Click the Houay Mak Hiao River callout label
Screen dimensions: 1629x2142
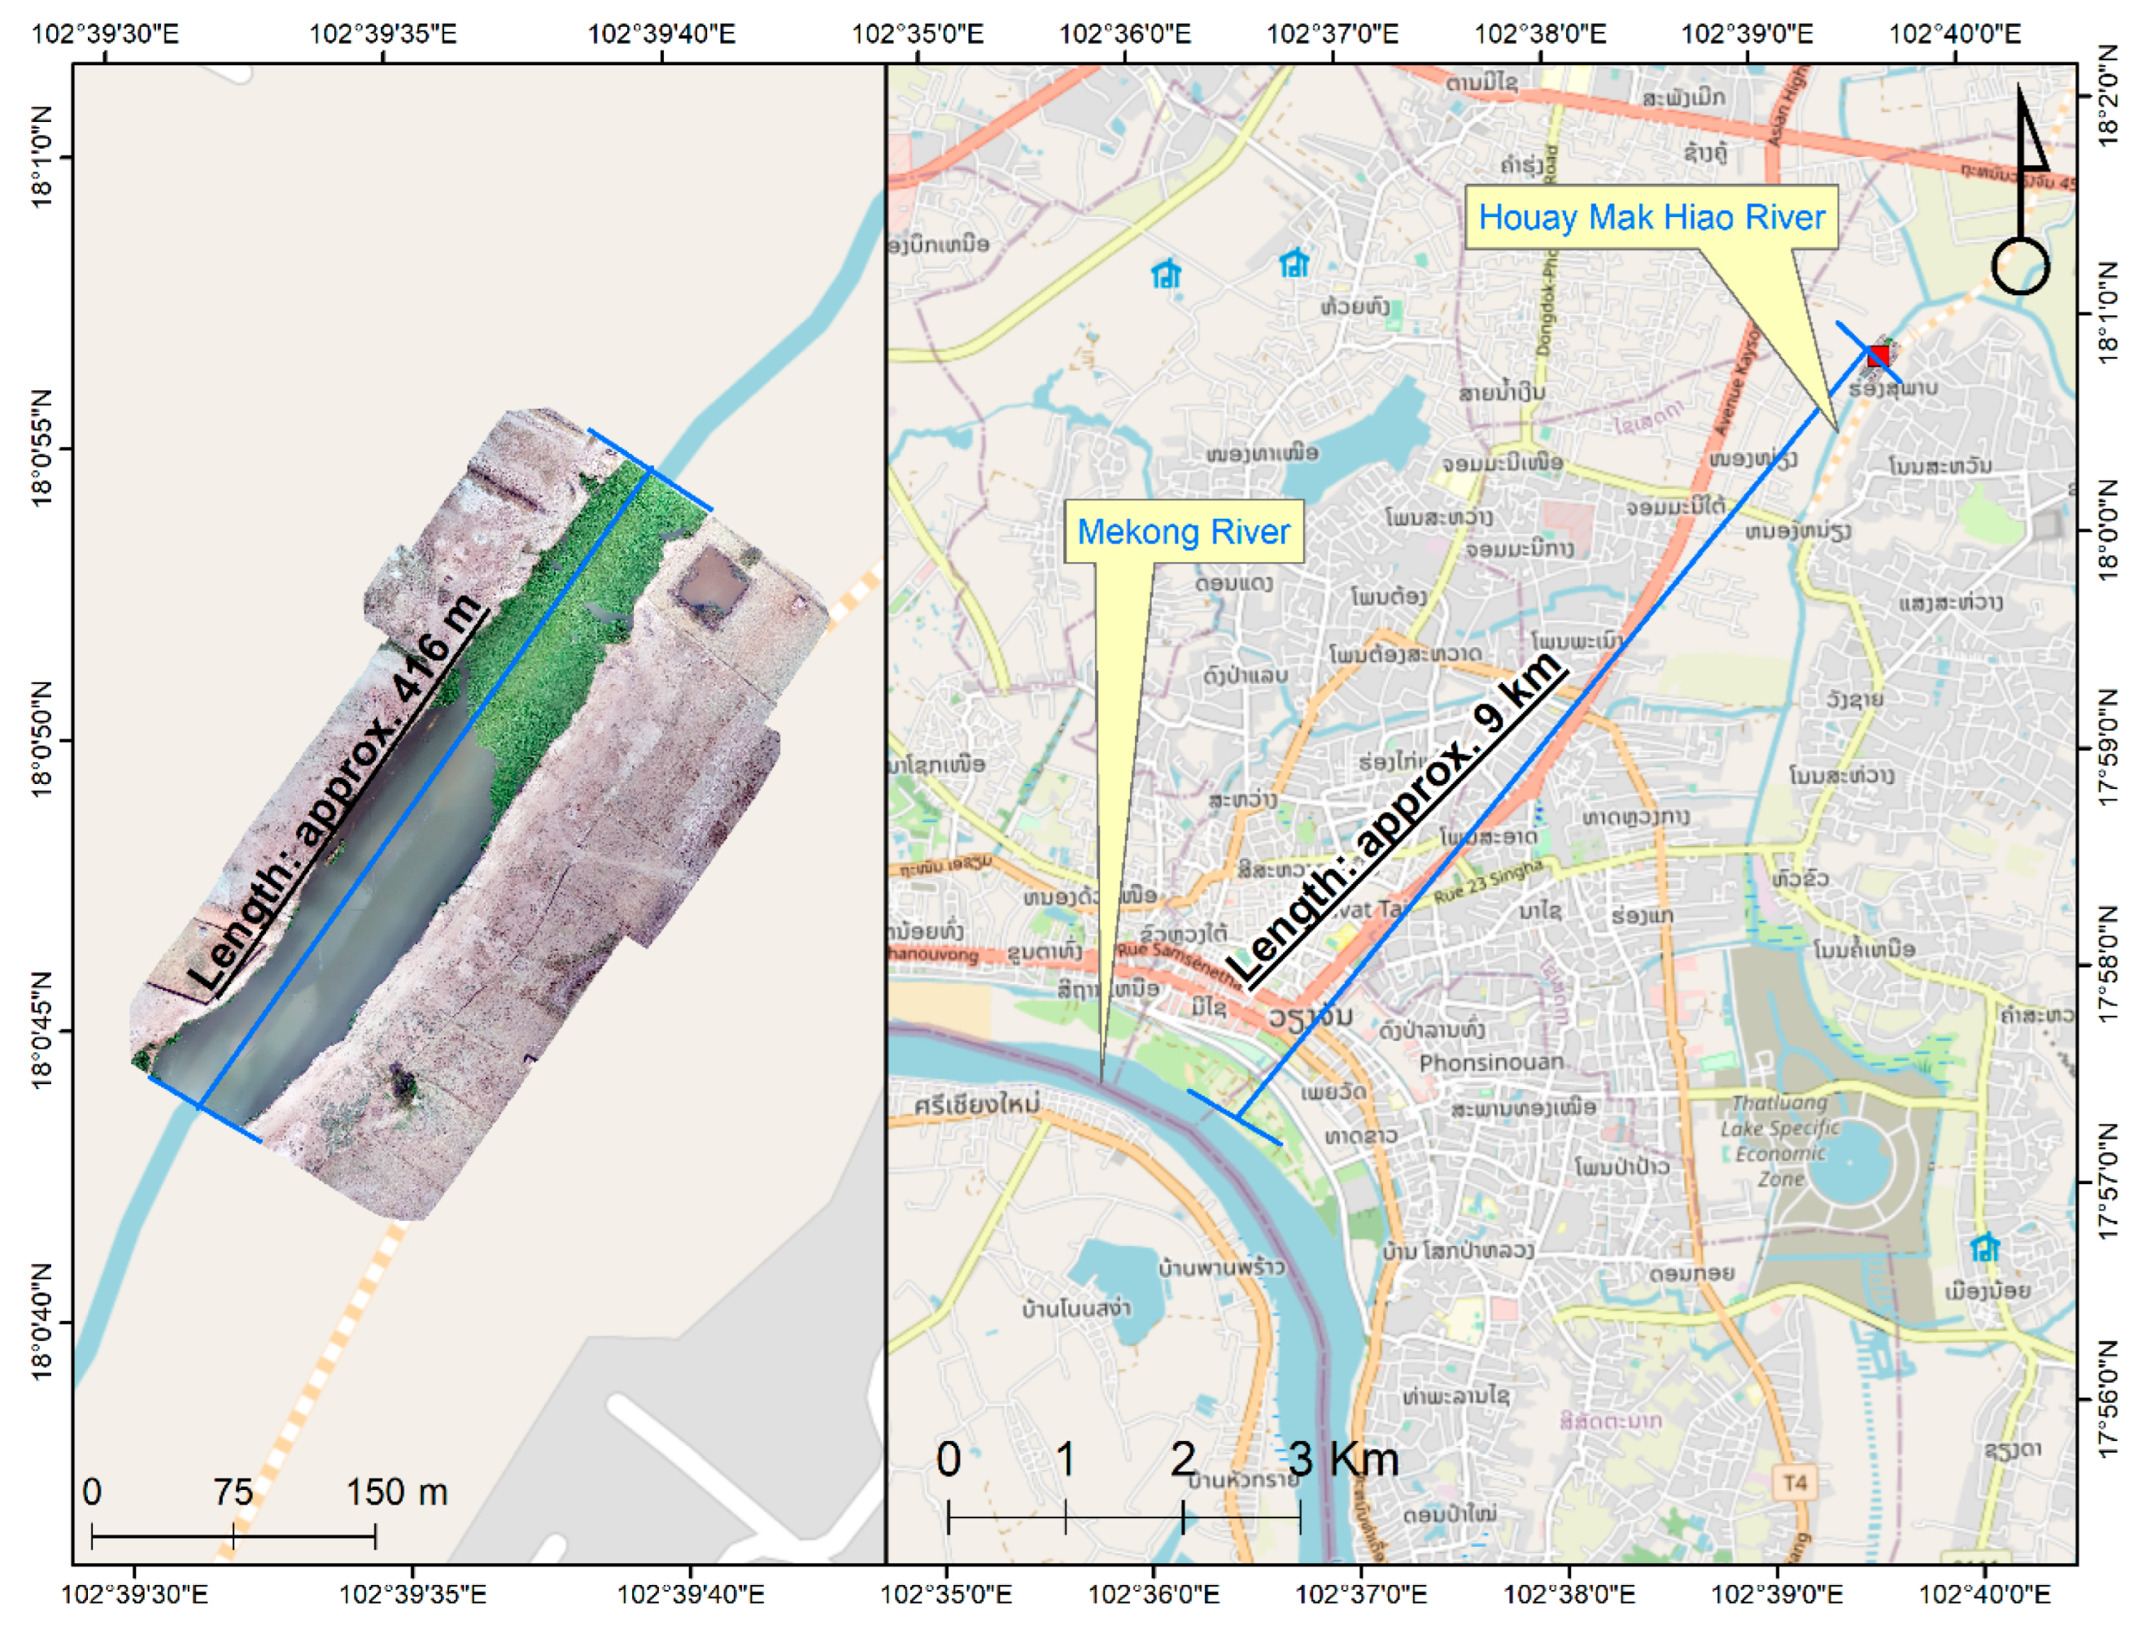tap(1651, 217)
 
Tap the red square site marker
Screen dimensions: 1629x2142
tap(1878, 356)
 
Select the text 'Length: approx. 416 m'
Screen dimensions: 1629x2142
tap(335, 795)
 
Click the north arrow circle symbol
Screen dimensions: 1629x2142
tap(2021, 266)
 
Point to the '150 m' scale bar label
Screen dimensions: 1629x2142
tap(397, 1492)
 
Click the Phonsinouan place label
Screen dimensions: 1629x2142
tap(1491, 1063)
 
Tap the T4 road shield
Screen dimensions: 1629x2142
tap(1795, 1483)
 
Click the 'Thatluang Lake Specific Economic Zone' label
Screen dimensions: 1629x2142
tap(1780, 1141)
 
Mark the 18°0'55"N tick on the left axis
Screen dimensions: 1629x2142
tap(41, 448)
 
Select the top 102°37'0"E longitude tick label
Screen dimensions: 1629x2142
tap(1333, 34)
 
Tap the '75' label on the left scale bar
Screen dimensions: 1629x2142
tap(233, 1492)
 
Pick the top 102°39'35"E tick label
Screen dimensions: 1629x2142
tap(382, 34)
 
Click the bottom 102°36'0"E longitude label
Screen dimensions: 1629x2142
tap(1153, 1595)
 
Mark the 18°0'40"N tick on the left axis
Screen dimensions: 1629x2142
tap(41, 1321)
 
